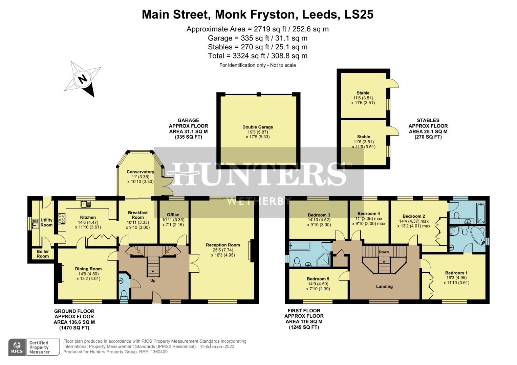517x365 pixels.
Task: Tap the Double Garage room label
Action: (x=257, y=127)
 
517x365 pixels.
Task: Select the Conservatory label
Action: (x=140, y=172)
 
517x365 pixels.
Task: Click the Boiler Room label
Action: (x=43, y=254)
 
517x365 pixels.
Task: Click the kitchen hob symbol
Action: (x=62, y=219)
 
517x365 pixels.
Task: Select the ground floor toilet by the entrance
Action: (x=124, y=294)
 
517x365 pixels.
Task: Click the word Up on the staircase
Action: (x=153, y=281)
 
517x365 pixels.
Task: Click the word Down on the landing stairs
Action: (x=384, y=252)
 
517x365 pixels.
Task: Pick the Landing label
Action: (x=384, y=286)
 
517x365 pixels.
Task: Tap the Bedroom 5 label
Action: (x=318, y=279)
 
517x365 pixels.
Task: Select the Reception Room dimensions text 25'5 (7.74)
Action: (x=222, y=250)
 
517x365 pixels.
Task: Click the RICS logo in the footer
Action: (x=17, y=347)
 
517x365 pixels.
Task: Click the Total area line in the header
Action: (x=257, y=56)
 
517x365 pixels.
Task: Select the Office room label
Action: (x=173, y=215)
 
